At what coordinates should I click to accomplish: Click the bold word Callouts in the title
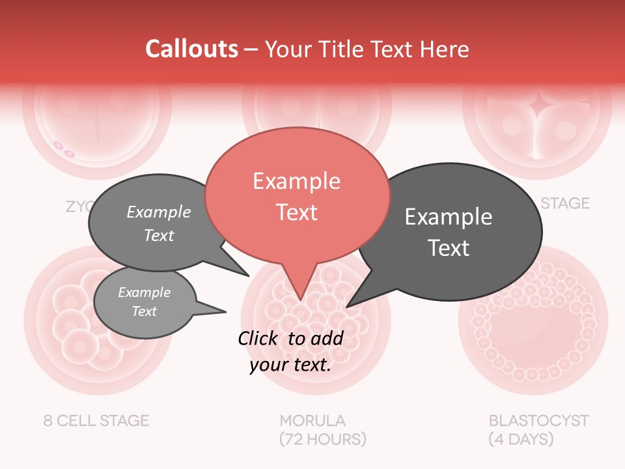[x=191, y=49]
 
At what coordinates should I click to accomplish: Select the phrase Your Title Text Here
[x=367, y=50]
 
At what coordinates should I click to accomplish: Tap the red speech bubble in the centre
[x=297, y=195]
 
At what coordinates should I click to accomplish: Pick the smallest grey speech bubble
[x=145, y=302]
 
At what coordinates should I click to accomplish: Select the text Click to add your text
[x=290, y=351]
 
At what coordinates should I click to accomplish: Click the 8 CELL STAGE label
[x=96, y=420]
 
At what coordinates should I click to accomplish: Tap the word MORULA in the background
[x=312, y=420]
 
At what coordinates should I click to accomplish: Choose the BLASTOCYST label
[x=538, y=420]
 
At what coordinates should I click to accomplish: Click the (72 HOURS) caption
[x=322, y=439]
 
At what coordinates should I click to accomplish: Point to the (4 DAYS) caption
[x=521, y=439]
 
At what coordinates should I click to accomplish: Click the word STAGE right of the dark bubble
[x=565, y=203]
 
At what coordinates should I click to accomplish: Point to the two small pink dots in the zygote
[x=64, y=149]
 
